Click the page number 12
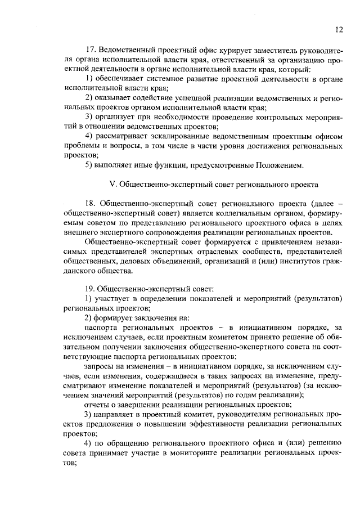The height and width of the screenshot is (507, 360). [338, 29]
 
